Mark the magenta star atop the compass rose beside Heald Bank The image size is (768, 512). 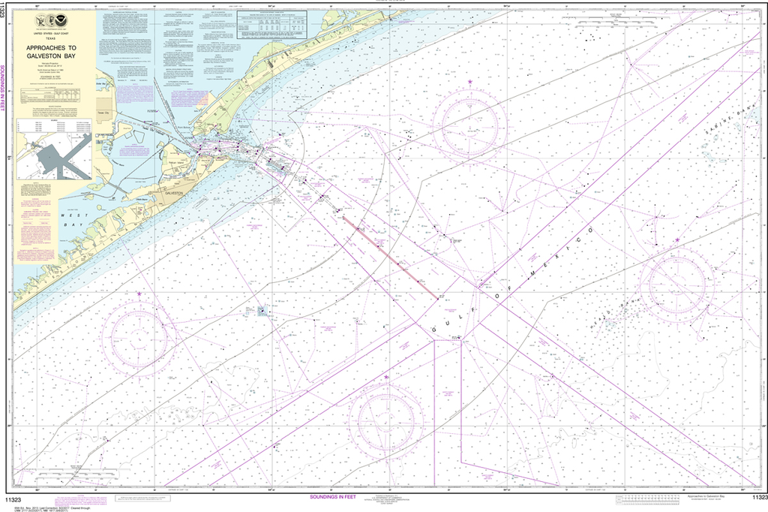pos(676,240)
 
